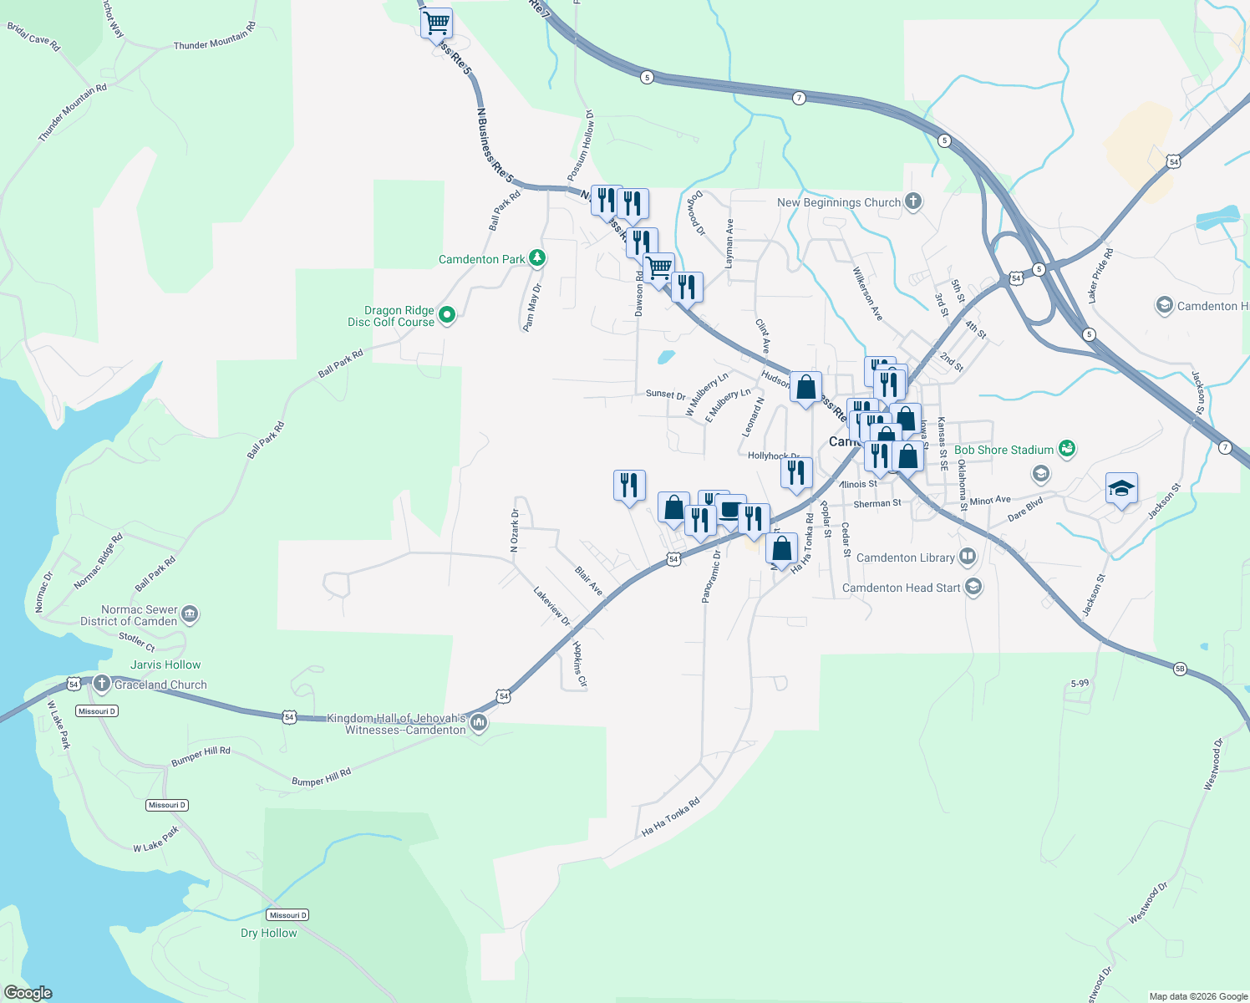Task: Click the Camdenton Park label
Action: tap(482, 259)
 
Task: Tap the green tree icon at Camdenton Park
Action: tap(537, 258)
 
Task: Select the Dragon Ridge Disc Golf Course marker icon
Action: tap(447, 315)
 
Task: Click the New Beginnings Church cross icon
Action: tap(913, 201)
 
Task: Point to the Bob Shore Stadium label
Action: tap(1004, 450)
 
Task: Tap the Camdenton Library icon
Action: tap(968, 557)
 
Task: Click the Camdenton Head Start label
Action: tap(901, 588)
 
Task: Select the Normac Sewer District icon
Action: tap(190, 615)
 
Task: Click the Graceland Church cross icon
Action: tap(102, 685)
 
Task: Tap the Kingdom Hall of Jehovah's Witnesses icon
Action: tap(479, 723)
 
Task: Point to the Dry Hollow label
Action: tap(268, 933)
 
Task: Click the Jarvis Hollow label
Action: tap(165, 664)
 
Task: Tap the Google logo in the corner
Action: tap(28, 993)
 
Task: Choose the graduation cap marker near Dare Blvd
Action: tap(1121, 489)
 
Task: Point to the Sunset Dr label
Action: tap(665, 394)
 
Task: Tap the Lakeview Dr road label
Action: tap(551, 607)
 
